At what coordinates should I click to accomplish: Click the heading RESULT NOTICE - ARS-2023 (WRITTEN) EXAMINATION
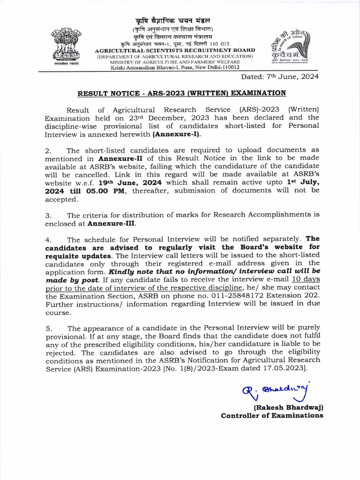[x=181, y=93]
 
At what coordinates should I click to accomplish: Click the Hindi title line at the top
[x=173, y=21]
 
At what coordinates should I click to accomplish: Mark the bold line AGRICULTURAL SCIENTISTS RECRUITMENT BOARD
[x=175, y=50]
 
